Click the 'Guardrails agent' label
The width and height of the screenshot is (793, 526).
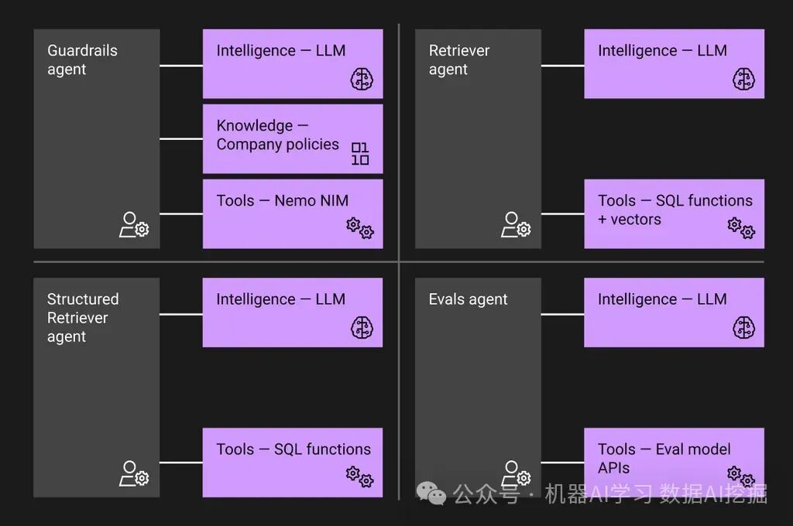[82, 60]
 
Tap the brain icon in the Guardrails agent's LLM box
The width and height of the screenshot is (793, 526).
[362, 79]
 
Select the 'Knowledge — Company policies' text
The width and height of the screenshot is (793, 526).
[278, 135]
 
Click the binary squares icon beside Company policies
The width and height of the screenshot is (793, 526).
[360, 154]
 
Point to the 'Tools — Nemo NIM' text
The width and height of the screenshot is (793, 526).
[282, 200]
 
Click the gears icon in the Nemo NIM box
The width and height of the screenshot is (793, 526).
[360, 228]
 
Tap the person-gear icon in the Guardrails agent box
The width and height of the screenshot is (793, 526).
[134, 225]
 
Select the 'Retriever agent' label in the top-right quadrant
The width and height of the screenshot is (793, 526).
[459, 60]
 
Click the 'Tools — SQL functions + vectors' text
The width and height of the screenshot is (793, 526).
[675, 210]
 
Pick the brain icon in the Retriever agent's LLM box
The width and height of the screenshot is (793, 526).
[743, 79]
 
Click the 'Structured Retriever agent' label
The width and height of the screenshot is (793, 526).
[83, 318]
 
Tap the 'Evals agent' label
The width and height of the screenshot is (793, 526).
[468, 299]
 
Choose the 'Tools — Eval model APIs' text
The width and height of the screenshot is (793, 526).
[664, 458]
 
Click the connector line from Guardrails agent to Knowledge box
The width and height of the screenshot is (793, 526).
[181, 139]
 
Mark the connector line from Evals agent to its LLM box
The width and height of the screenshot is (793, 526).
[562, 314]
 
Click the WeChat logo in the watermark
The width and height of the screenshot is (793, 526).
[431, 493]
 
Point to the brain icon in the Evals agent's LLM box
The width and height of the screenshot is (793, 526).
[743, 327]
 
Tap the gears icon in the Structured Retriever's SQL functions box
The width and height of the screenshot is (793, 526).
[360, 476]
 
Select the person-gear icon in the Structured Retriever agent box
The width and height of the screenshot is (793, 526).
[134, 473]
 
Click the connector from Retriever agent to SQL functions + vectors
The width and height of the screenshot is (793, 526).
[562, 213]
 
